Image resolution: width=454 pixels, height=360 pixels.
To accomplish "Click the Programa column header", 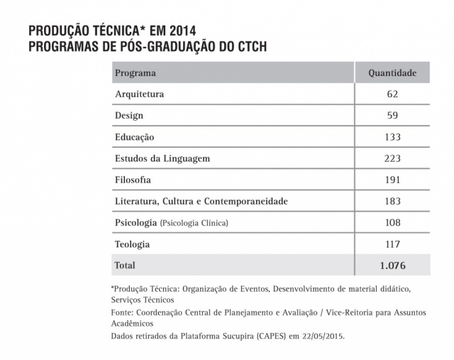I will pos(135,72).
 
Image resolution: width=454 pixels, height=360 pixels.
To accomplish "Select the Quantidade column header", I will pos(392,72).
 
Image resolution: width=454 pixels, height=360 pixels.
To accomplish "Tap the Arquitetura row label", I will pos(140,94).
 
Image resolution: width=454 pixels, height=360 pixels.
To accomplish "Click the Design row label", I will pos(129,115).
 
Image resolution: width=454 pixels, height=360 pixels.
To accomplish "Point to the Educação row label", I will pos(135,136).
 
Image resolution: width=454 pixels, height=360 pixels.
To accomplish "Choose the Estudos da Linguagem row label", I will pos(162,158).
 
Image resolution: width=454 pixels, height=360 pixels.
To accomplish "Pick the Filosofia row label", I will pos(133,180).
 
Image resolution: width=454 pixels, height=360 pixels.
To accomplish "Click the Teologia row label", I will pos(133,244).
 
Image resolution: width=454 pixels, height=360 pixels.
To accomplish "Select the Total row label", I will pos(125,266).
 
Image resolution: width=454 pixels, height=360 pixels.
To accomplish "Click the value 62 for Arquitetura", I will pos(392,94).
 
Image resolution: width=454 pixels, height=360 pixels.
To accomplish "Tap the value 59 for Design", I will pos(392,115).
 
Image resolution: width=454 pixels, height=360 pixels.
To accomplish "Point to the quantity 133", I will pos(392,136).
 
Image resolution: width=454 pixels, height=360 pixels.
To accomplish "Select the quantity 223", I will pos(392,158).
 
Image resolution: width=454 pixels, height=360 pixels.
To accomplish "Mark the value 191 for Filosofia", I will pos(392,180).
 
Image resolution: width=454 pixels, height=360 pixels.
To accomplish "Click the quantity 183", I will pos(392,202).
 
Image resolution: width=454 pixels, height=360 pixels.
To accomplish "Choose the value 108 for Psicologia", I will pos(392,223).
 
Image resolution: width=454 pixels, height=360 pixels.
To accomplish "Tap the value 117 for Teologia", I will pos(392,244).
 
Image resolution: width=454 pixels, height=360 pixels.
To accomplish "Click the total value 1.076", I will pos(392,266).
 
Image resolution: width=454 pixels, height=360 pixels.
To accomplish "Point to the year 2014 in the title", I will pos(179,32).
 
